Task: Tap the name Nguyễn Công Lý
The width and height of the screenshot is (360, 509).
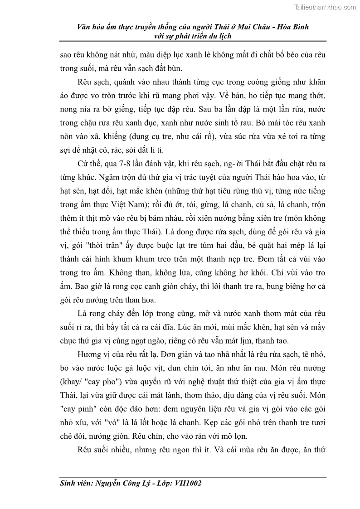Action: click(x=122, y=483)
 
